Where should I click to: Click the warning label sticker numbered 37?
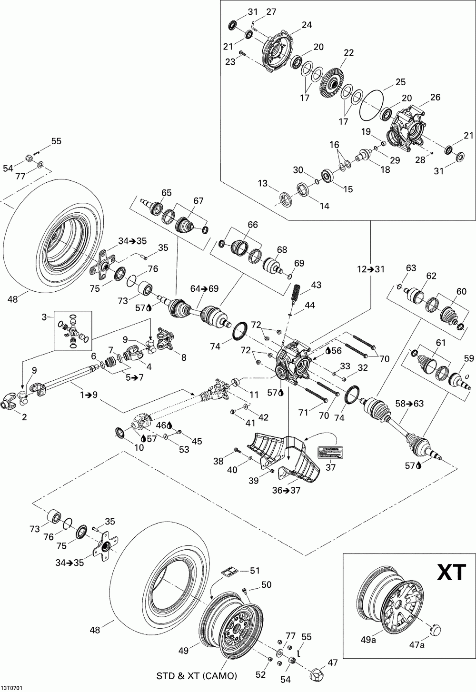[x=330, y=453]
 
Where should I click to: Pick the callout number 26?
[x=435, y=97]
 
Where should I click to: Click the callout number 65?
[x=167, y=192]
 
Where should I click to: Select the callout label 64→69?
[x=204, y=289]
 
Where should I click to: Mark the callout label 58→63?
[x=410, y=404]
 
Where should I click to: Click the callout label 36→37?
[x=286, y=490]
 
